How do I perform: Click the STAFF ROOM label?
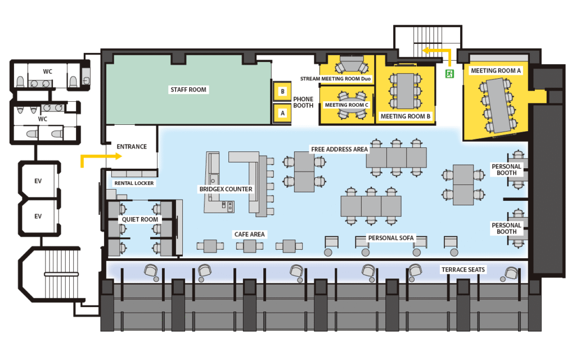point(189,89)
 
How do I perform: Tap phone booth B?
point(282,91)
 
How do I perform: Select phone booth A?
point(282,112)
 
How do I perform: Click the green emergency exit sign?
point(449,73)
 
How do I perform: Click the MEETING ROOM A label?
point(496,70)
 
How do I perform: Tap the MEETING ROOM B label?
point(406,116)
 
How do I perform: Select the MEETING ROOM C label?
point(346,105)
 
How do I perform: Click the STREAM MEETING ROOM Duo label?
point(336,79)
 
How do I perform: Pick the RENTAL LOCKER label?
point(134,183)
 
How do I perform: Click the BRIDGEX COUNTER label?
point(226,189)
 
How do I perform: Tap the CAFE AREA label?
point(250,234)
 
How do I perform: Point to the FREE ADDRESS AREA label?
point(339,149)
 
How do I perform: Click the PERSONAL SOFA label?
point(391,238)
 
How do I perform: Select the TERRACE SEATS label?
point(463,269)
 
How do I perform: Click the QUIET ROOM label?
point(141,219)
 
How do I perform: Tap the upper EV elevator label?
point(38,181)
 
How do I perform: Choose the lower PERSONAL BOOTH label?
point(507,228)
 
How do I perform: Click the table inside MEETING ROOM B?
point(405,91)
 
